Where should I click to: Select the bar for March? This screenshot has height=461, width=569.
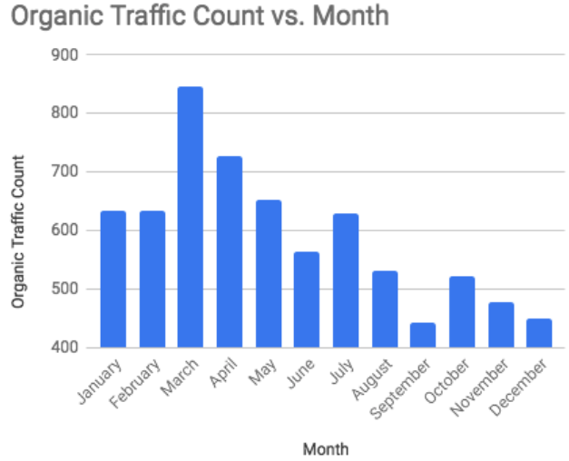[x=190, y=217]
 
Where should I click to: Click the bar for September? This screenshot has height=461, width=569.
[x=423, y=335]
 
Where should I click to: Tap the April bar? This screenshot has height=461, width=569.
[x=229, y=251]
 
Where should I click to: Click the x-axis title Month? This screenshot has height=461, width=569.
[x=326, y=447]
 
